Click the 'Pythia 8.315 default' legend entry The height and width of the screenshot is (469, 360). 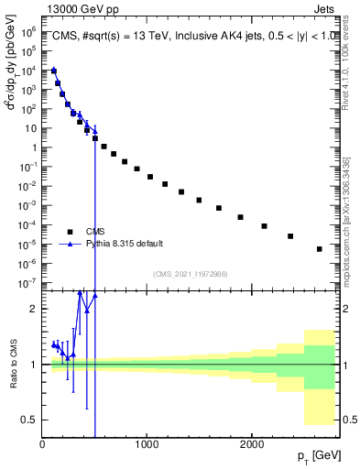(x=125, y=244)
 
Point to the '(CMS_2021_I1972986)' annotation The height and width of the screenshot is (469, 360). (x=189, y=274)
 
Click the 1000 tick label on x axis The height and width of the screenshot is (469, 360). (x=147, y=444)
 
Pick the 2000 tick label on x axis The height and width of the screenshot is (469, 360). (x=251, y=444)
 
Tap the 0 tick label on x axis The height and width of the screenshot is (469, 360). (x=42, y=444)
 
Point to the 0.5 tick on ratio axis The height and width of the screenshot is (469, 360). (x=30, y=420)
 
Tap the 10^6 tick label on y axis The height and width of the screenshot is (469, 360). (x=28, y=31)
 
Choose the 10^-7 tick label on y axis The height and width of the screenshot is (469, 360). (x=27, y=283)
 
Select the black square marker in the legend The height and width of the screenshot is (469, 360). (x=70, y=231)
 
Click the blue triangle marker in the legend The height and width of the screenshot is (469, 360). (x=70, y=244)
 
